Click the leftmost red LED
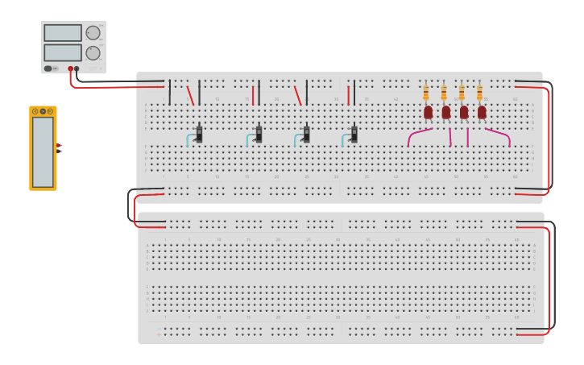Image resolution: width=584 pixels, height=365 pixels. coord(428,112)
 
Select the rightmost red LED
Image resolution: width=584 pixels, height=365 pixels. coord(482,112)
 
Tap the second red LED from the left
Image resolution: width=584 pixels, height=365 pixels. coord(445,112)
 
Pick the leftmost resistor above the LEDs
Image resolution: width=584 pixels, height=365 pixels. coord(426,93)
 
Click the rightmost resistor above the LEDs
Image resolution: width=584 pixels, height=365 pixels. coord(479,93)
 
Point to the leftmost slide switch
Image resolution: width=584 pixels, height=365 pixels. coord(199,134)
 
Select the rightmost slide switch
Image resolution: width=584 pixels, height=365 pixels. coord(354,134)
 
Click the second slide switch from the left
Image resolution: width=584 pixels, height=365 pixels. coord(259,134)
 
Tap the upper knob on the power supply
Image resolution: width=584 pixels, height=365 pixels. coord(93,33)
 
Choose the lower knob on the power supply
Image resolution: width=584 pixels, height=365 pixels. coord(93,53)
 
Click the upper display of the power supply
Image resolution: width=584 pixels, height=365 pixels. coord(62,33)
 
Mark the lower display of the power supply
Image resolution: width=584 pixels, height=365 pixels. coord(62,53)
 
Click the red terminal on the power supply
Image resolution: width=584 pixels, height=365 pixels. coord(71,69)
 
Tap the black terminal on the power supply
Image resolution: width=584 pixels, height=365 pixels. coord(77,69)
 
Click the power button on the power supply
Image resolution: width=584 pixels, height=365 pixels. coord(48,68)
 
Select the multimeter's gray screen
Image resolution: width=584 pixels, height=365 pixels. coord(43,151)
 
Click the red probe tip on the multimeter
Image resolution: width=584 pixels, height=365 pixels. coord(60,145)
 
